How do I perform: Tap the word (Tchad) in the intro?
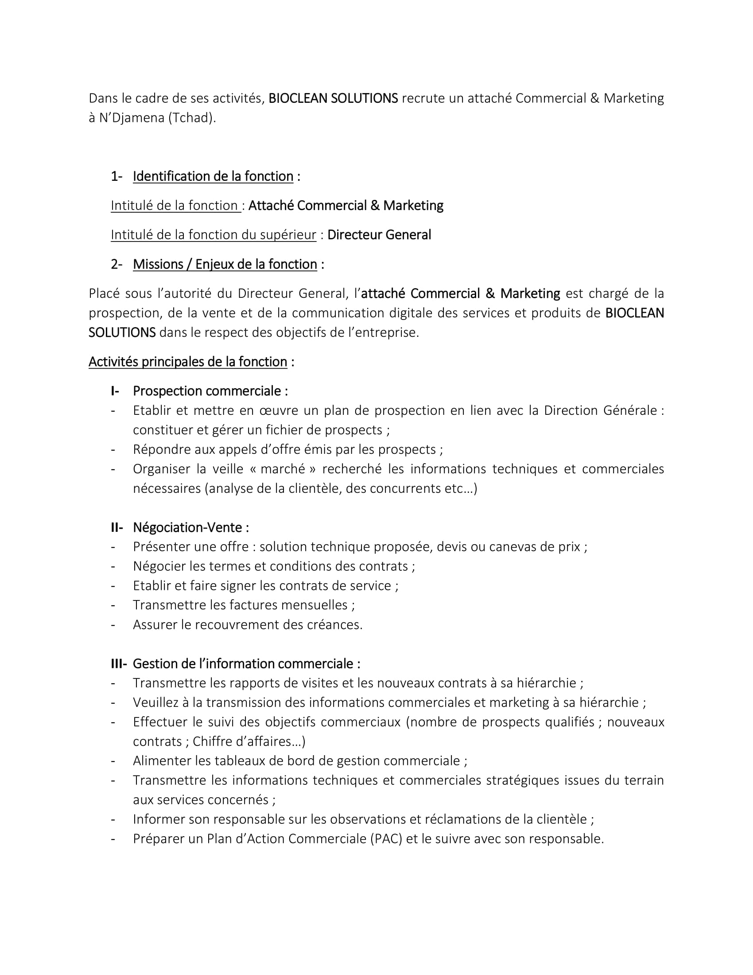tap(192, 118)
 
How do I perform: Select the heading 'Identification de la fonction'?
tap(213, 176)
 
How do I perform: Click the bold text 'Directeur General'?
tap(379, 235)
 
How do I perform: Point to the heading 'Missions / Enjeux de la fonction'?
tap(225, 264)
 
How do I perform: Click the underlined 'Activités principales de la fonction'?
tap(188, 362)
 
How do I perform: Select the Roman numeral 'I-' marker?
tap(115, 391)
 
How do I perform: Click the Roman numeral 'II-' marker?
tap(117, 527)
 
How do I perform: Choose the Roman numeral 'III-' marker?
tap(119, 664)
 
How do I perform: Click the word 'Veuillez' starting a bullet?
tap(155, 703)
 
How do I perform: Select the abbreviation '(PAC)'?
tap(386, 839)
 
